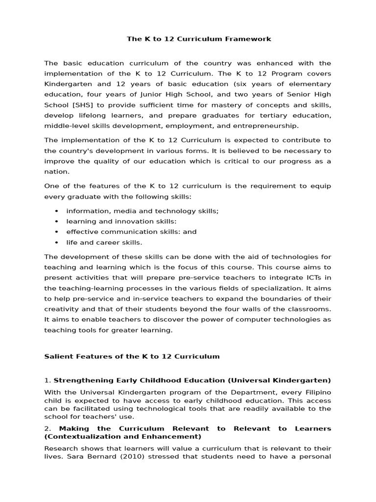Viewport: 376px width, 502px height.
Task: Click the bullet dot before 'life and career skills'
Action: point(57,242)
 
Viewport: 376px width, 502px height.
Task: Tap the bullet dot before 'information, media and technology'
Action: point(57,211)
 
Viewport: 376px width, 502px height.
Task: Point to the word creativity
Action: point(61,309)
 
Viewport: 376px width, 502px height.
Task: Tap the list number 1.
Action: point(47,380)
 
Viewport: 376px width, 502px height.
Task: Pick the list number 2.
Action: point(47,428)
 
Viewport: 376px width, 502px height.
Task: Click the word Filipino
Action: point(317,392)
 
